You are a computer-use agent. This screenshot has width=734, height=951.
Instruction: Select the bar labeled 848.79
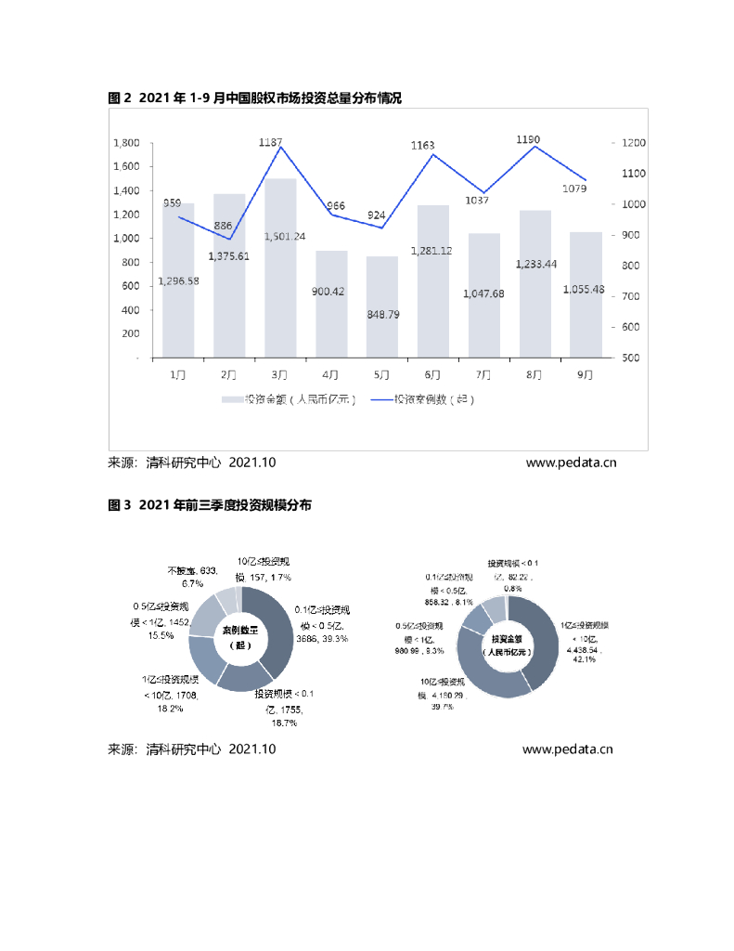(x=382, y=306)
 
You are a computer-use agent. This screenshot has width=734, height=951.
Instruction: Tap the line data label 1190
(x=527, y=140)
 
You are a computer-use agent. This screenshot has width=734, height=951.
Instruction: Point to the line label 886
(x=223, y=226)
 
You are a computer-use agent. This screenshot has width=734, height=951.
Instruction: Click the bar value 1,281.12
(x=434, y=250)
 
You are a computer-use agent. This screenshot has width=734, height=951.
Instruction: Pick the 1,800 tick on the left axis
(x=126, y=143)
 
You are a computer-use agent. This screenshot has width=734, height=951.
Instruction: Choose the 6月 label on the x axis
(x=432, y=374)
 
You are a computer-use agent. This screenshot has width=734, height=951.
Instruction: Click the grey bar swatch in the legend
(x=231, y=399)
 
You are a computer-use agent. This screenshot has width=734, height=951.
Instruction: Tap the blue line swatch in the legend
(x=380, y=399)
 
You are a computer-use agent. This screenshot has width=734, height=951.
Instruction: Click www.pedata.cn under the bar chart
(x=570, y=462)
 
